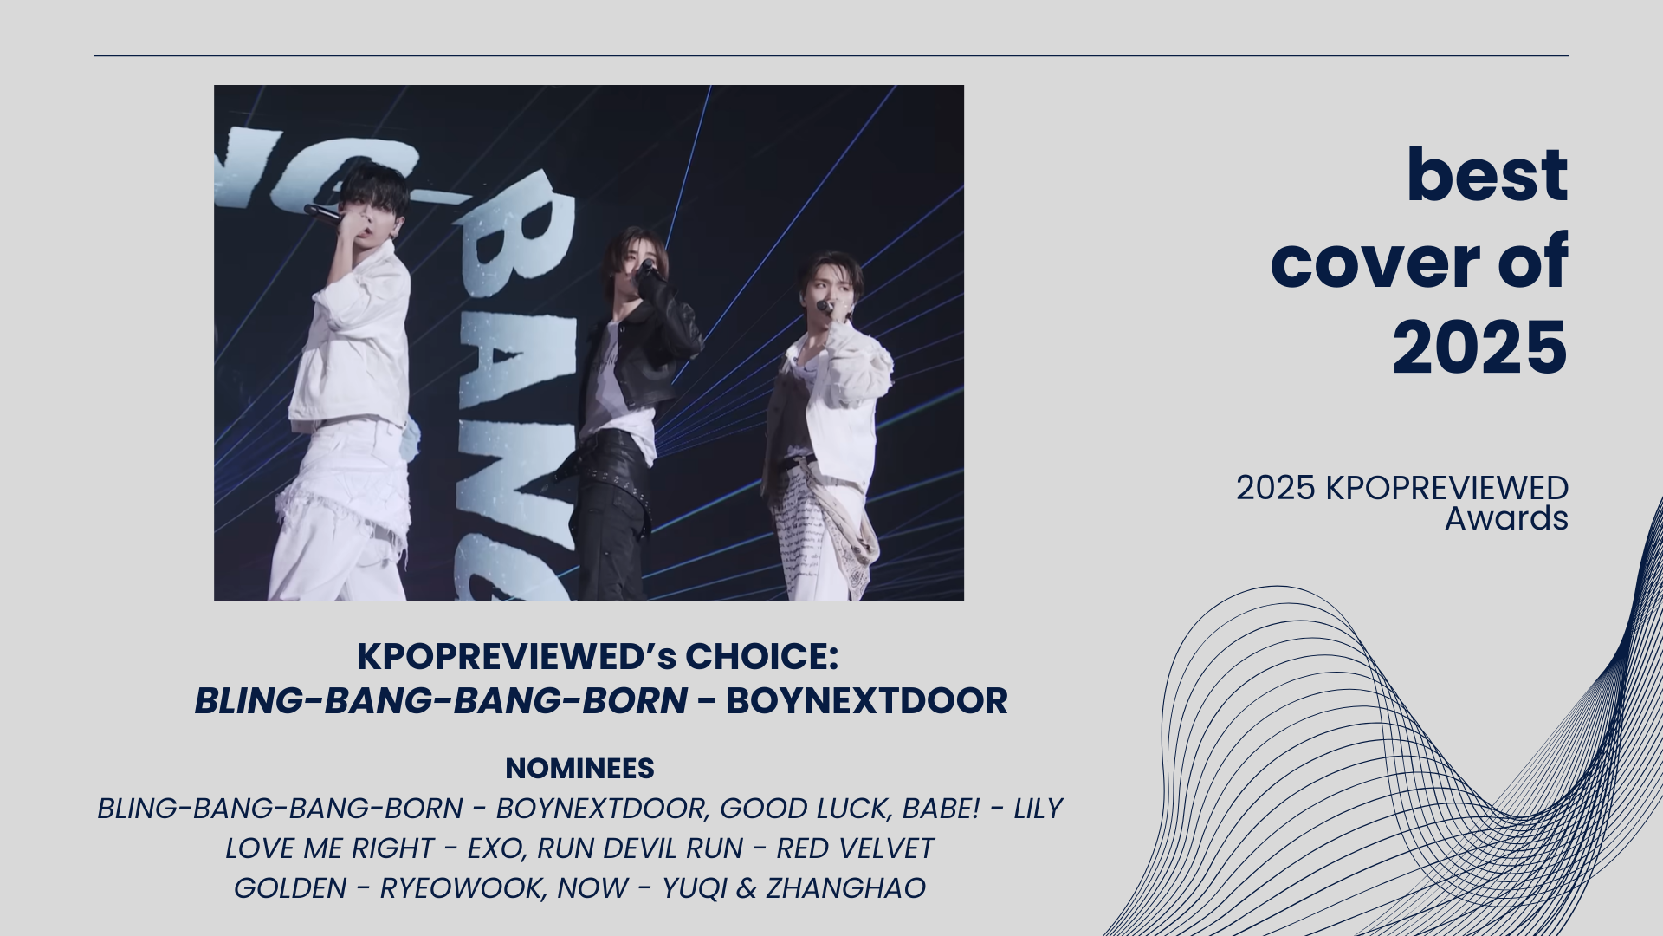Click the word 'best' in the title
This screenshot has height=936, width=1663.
pyautogui.click(x=1487, y=175)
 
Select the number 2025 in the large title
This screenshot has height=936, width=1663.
pyautogui.click(x=1480, y=348)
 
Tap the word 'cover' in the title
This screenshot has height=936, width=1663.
pyautogui.click(x=1375, y=262)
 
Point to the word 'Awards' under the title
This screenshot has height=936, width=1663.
pyautogui.click(x=1506, y=518)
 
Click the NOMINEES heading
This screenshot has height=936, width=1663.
pyautogui.click(x=579, y=769)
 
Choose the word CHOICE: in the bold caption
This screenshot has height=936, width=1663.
pyautogui.click(x=761, y=656)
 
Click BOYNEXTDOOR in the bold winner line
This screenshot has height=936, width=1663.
pyautogui.click(x=866, y=701)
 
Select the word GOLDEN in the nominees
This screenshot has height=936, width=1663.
pyautogui.click(x=290, y=888)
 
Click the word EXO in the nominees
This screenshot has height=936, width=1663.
pyautogui.click(x=497, y=848)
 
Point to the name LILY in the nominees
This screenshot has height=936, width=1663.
pyautogui.click(x=1038, y=809)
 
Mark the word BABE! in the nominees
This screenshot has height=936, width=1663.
pyautogui.click(x=941, y=809)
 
